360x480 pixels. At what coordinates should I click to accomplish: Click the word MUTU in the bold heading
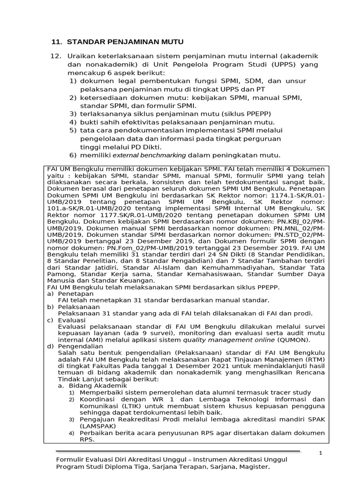pyautogui.click(x=170, y=42)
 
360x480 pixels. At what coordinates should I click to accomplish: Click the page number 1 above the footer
pyautogui.click(x=321, y=453)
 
